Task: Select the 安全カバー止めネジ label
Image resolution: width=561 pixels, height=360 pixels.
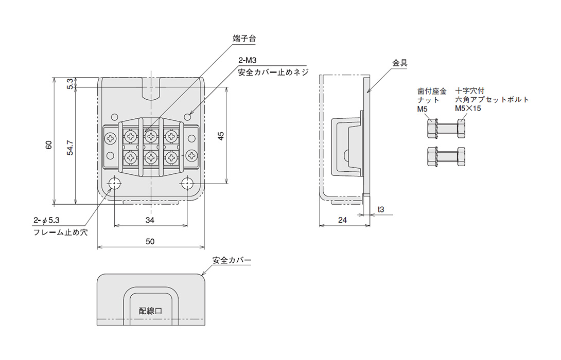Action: [x=272, y=73]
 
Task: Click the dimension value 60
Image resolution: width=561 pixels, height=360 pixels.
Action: [x=49, y=145]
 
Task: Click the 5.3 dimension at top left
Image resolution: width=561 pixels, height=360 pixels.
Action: [x=71, y=83]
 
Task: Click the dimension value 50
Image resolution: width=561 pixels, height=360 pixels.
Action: [x=151, y=242]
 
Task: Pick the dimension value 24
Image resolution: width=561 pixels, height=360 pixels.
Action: [x=343, y=220]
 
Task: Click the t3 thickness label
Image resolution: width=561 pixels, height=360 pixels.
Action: [x=381, y=210]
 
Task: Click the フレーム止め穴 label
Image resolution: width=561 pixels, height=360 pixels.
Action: [x=60, y=232]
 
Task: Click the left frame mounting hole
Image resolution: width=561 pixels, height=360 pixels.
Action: [x=113, y=183]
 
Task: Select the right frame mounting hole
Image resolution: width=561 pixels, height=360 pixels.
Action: [x=188, y=183]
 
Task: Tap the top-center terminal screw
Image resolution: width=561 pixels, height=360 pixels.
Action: [x=150, y=137]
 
